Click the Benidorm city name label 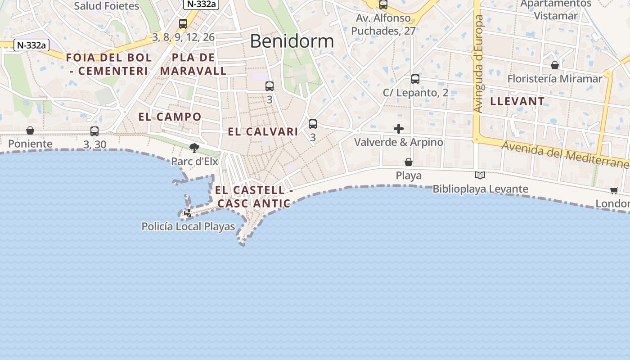coord(292,41)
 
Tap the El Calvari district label coord(263,131)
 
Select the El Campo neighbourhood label coord(170,117)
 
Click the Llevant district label coord(517,101)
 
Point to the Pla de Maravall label coord(193,64)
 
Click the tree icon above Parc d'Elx coord(194,148)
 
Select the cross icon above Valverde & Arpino coord(398,129)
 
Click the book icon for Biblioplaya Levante coord(480,175)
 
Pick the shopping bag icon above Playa coord(409,162)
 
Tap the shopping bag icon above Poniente coord(30,130)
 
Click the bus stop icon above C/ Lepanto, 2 coord(415,79)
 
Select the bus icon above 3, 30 coord(94,131)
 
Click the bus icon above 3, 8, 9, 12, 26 coord(183,24)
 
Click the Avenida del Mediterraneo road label coord(565,155)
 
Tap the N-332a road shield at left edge coord(31,45)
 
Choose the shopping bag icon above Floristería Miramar coord(555,65)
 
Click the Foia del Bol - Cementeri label coord(109,64)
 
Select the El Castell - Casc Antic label coord(254,197)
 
